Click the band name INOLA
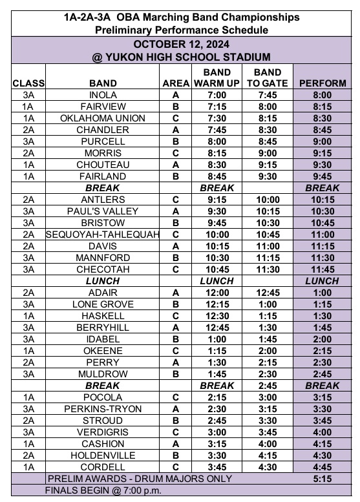103,95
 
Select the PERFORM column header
322,83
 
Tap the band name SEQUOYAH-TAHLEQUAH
103,235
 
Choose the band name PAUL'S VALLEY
103,211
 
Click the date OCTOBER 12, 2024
180,44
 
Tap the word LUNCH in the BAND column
103,281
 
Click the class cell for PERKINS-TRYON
28,409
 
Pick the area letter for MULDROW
175,374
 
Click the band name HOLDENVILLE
103,455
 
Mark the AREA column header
175,83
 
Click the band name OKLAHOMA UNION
103,118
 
